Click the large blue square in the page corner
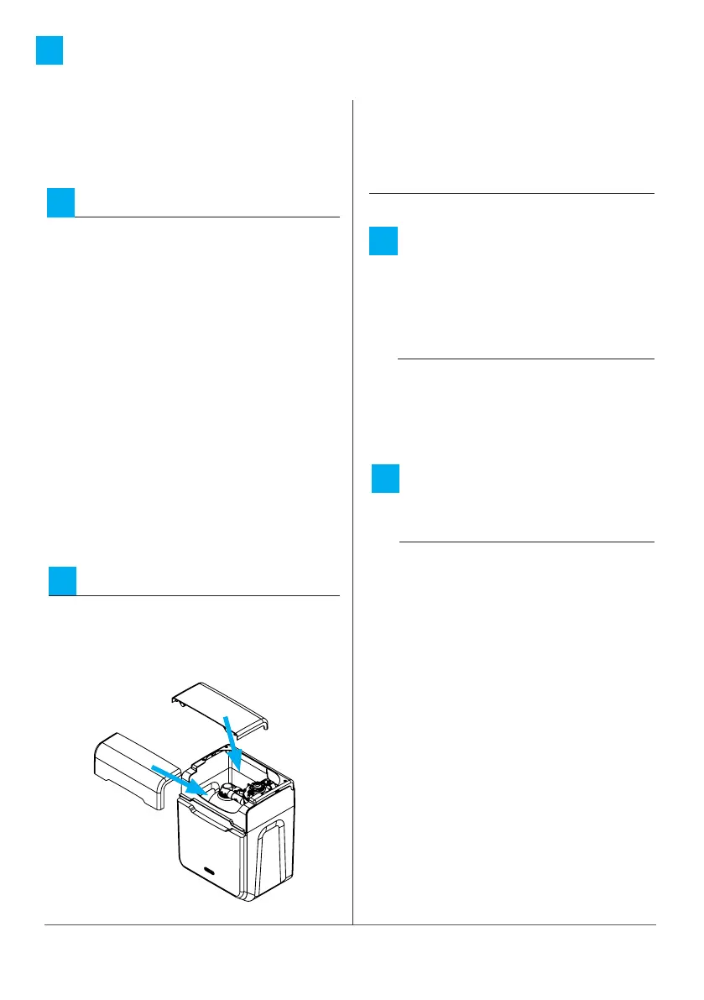[50, 51]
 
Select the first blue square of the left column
[60, 203]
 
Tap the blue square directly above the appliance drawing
[62, 581]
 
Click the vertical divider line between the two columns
[352, 504]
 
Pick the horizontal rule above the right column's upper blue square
[511, 194]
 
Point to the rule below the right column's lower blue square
[526, 542]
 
